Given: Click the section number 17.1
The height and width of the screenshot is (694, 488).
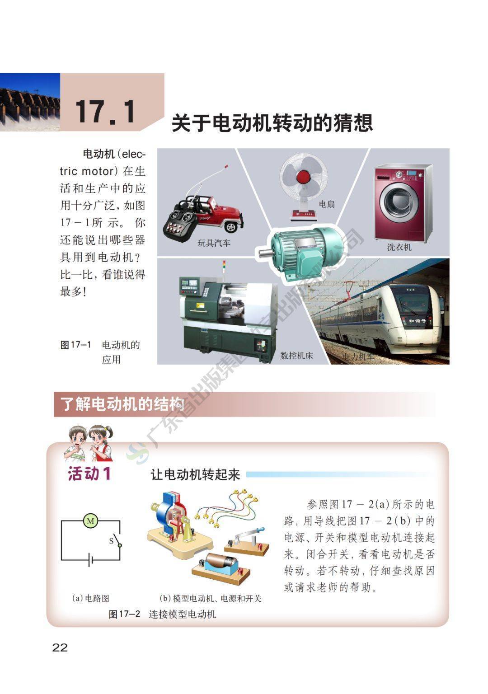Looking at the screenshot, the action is click(x=105, y=112).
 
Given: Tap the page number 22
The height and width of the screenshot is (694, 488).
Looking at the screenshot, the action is click(x=60, y=647).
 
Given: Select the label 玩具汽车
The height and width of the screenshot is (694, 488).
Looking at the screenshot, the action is click(x=214, y=243).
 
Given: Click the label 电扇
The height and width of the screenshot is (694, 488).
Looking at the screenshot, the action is click(x=327, y=204).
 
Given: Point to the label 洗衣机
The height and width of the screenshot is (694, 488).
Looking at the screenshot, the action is click(x=399, y=247).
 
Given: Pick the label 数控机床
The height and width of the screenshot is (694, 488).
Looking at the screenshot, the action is click(x=296, y=356).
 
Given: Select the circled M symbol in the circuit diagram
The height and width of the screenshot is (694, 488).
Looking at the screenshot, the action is click(x=90, y=521).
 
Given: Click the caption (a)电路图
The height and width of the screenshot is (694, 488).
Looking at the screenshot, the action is click(x=90, y=598).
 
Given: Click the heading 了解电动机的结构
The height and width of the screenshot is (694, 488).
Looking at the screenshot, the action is click(x=122, y=404).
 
